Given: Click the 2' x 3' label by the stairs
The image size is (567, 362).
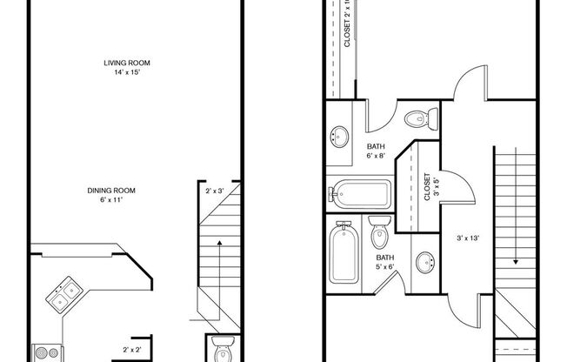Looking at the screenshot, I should click(214, 190).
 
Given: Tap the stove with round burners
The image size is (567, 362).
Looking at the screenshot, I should click(45, 352).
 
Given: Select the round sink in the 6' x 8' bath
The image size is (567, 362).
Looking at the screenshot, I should click(339, 136).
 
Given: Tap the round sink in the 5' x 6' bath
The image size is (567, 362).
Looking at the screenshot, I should click(425, 262).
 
